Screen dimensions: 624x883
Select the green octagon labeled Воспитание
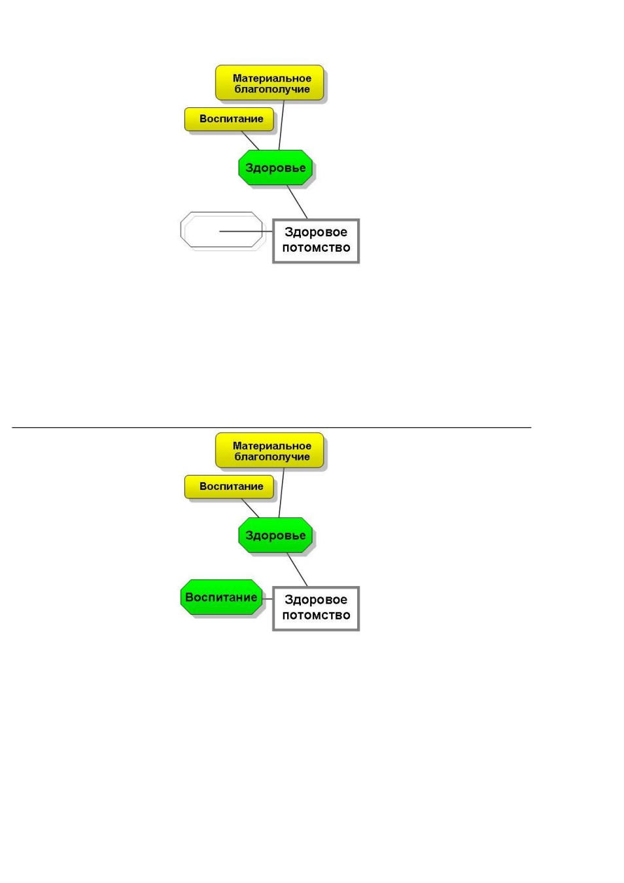click(221, 597)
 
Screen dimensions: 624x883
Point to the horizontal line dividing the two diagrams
click(271, 427)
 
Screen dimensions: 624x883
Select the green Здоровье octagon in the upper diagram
click(275, 167)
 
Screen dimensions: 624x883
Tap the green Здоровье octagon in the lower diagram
click(275, 535)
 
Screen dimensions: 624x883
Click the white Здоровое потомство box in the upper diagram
click(316, 241)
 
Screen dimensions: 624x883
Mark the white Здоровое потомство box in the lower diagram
click(316, 608)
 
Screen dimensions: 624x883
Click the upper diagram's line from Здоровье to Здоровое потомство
click(297, 202)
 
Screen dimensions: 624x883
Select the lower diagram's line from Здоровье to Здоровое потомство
click(297, 570)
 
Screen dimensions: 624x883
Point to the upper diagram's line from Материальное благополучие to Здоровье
click(281, 125)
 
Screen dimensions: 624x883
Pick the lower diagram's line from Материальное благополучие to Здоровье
click(281, 493)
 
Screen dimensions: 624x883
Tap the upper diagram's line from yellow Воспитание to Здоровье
click(251, 141)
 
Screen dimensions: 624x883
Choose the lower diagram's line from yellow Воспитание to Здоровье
click(251, 508)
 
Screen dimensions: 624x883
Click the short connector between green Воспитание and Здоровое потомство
click(268, 599)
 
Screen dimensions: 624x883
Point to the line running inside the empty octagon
click(246, 232)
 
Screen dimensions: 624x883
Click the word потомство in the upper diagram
click(316, 247)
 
